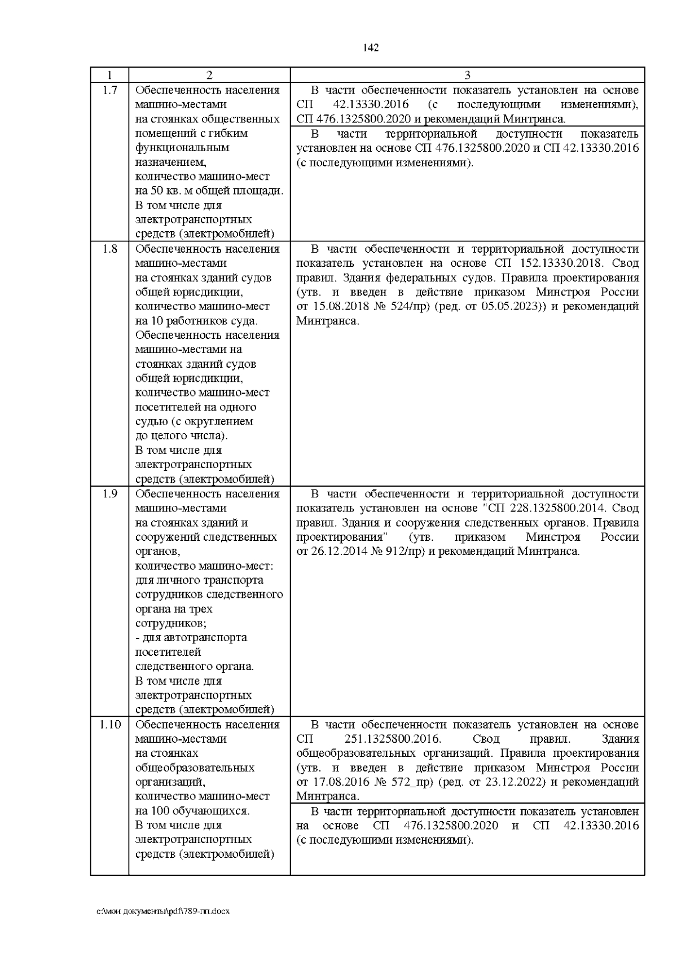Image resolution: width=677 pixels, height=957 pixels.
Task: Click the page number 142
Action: (x=371, y=48)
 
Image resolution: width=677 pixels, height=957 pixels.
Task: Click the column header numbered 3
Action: (x=467, y=76)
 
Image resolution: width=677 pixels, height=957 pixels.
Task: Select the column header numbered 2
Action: (x=209, y=76)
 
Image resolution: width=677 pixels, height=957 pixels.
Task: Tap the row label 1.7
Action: (x=110, y=90)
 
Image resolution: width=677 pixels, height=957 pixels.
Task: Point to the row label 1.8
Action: (x=110, y=249)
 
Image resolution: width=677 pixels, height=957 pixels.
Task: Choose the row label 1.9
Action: (x=110, y=493)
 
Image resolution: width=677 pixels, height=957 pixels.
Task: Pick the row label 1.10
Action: (x=110, y=724)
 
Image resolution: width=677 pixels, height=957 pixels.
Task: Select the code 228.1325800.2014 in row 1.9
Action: (x=556, y=508)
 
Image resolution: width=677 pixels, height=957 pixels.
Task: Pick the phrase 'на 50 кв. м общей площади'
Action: (x=209, y=191)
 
